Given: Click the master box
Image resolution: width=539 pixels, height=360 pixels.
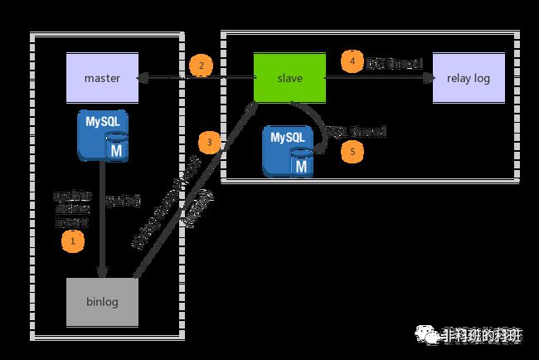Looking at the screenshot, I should [103, 78].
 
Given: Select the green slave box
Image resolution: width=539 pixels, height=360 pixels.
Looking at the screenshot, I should [289, 78].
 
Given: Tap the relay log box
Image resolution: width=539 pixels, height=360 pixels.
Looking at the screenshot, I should [469, 78].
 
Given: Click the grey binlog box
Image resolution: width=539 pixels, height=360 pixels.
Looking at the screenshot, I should [102, 302].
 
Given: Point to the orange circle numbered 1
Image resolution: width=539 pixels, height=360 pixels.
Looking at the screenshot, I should [74, 241].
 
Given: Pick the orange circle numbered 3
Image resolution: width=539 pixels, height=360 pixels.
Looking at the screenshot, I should [211, 143].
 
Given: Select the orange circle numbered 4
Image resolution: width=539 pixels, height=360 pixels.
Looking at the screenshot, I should [352, 62].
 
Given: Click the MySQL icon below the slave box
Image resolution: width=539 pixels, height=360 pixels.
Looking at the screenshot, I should [289, 152].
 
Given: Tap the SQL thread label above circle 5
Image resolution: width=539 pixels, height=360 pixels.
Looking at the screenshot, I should [357, 132].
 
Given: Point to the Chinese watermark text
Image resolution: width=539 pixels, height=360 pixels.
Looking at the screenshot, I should [482, 335].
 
